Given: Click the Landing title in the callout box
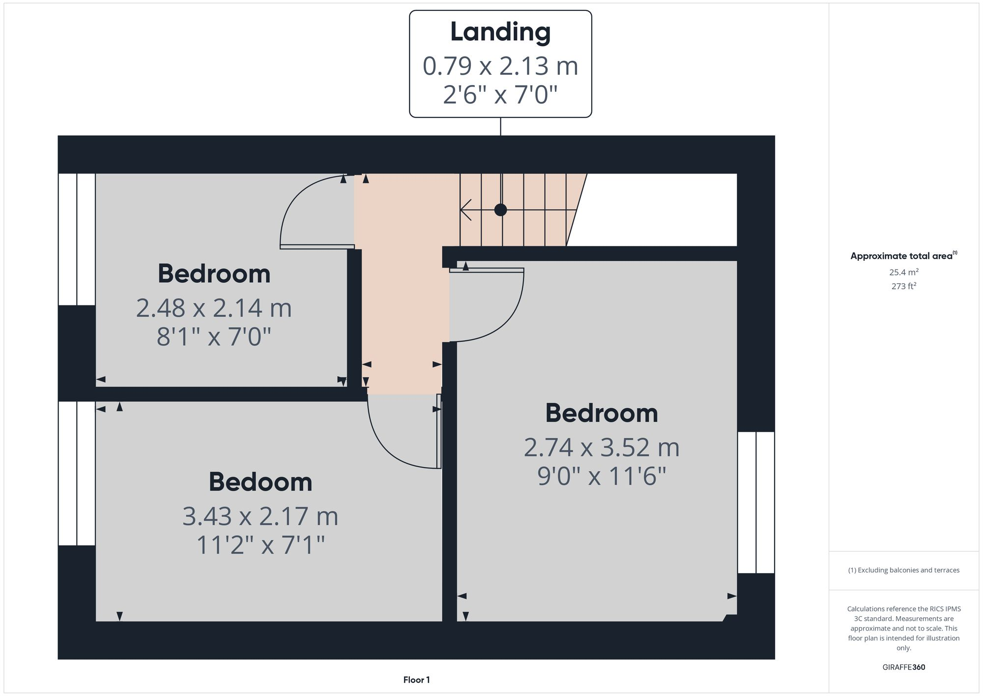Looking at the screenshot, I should [500, 32].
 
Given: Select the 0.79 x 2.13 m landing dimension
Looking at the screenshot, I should [500, 66].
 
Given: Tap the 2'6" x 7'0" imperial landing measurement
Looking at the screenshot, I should [500, 94].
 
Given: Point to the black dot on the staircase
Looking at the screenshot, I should [500, 210].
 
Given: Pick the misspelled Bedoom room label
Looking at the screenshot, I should [260, 482].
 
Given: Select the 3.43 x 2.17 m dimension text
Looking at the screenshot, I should [260, 516].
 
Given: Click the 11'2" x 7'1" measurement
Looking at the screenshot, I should [260, 545].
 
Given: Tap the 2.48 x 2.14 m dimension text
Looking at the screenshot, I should [214, 308].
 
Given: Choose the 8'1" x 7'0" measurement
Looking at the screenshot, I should [214, 337].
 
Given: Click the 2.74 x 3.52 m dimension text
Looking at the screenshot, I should [602, 448].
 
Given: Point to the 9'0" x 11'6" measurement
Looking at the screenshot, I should [602, 476].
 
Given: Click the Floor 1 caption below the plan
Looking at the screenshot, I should [416, 680].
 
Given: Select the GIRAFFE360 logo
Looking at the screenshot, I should [903, 667].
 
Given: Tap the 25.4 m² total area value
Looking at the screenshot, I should [903, 272].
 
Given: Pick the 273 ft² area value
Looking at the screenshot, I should [903, 286].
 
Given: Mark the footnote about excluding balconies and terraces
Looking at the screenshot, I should [903, 570].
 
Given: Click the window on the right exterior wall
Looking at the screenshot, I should [756, 502].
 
